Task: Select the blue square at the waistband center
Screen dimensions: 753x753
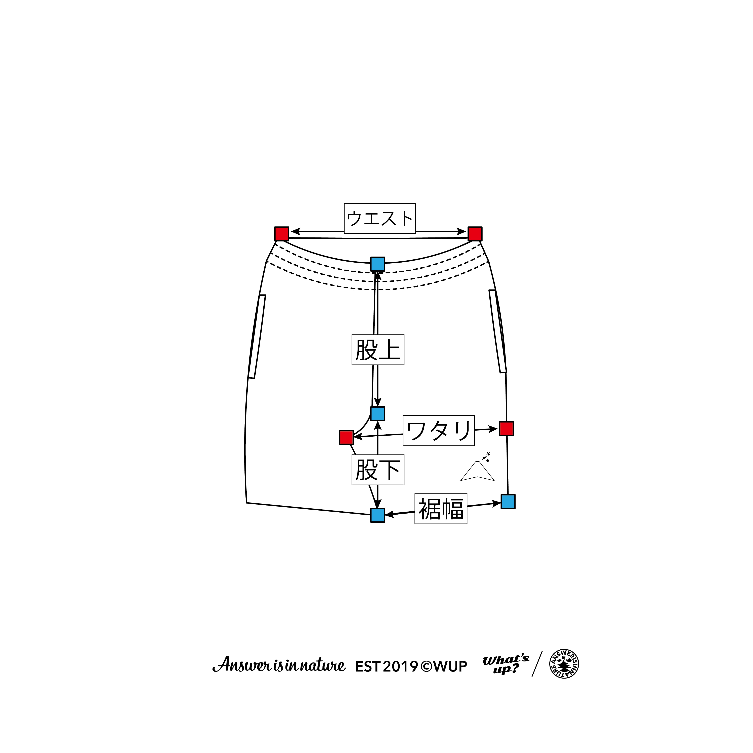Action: click(377, 264)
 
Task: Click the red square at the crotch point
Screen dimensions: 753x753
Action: click(346, 437)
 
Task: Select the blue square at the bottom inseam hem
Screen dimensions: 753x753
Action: click(377, 515)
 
